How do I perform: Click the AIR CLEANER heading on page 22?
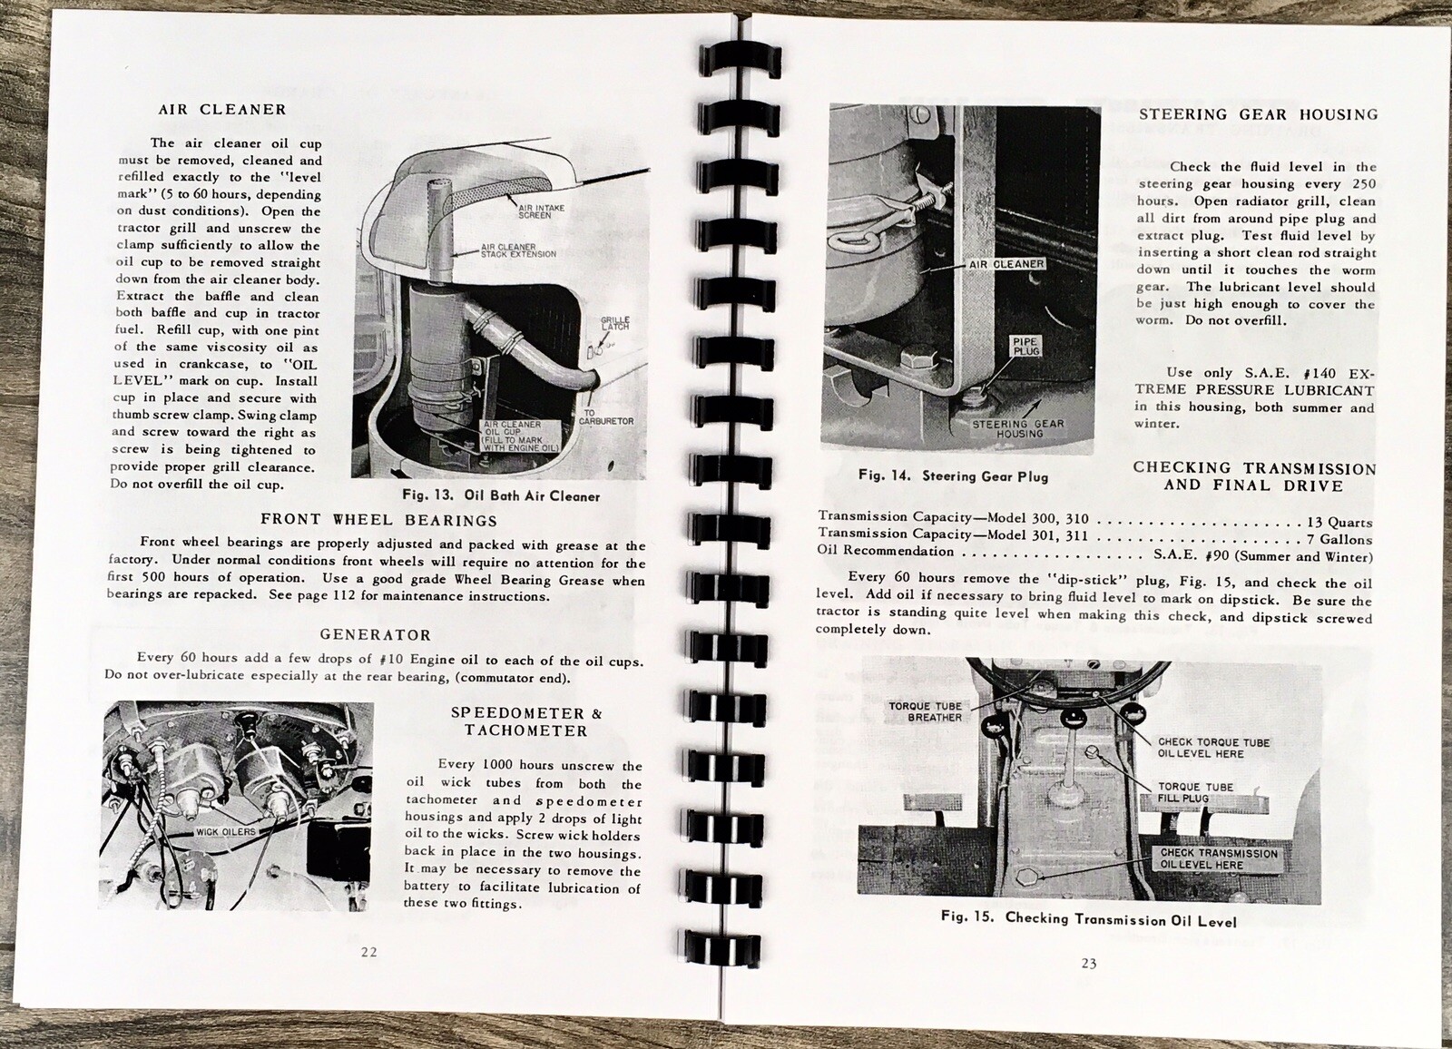222,110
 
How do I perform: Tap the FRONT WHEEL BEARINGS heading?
378,520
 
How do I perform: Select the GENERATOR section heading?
375,635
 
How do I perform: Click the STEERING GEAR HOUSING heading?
1258,114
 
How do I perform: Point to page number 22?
368,952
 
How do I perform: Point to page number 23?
1088,963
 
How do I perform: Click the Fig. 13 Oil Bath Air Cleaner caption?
501,496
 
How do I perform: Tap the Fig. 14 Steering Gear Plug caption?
953,475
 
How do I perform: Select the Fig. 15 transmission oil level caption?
1088,919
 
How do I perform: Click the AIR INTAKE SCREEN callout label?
541,211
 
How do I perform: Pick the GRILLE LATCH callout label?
614,324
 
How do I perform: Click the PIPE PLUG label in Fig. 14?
1025,346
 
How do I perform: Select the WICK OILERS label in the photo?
225,831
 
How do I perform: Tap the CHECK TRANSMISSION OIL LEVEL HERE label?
1218,859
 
